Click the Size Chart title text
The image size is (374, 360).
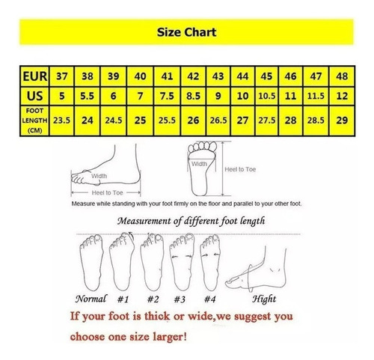click(186, 32)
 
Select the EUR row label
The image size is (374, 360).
click(35, 76)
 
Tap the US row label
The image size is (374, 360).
click(34, 96)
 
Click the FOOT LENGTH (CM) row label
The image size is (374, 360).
click(34, 120)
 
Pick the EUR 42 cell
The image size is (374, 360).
click(193, 76)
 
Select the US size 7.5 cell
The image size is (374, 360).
click(167, 96)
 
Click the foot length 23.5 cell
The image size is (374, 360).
click(62, 120)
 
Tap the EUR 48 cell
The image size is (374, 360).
click(342, 76)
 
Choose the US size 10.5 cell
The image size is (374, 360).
click(267, 96)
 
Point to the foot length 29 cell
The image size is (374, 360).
click(342, 120)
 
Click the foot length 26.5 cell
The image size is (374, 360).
click(218, 120)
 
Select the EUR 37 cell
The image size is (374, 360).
click(62, 76)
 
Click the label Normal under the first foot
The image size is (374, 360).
click(91, 299)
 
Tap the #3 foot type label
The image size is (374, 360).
click(180, 299)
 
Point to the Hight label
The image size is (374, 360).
click(264, 299)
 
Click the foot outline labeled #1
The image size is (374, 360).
click(122, 261)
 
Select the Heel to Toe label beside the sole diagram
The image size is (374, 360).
click(240, 169)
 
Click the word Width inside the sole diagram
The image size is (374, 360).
click(199, 164)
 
